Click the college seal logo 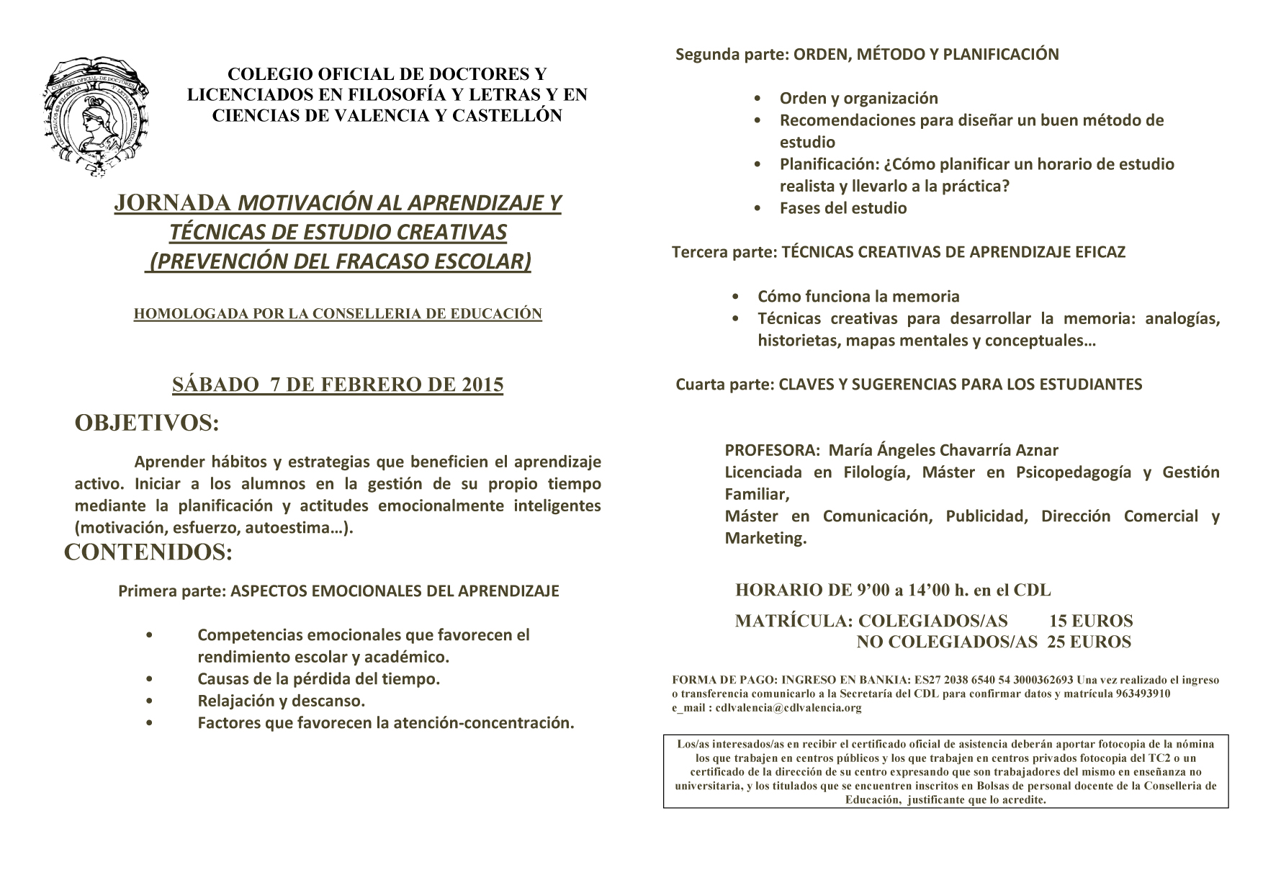[x=99, y=117]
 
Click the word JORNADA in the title [x=172, y=204]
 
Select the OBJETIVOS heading [x=147, y=423]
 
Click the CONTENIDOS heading [x=148, y=552]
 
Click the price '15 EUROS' [x=1091, y=621]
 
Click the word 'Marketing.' [x=765, y=538]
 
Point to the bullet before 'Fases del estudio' [x=758, y=208]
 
